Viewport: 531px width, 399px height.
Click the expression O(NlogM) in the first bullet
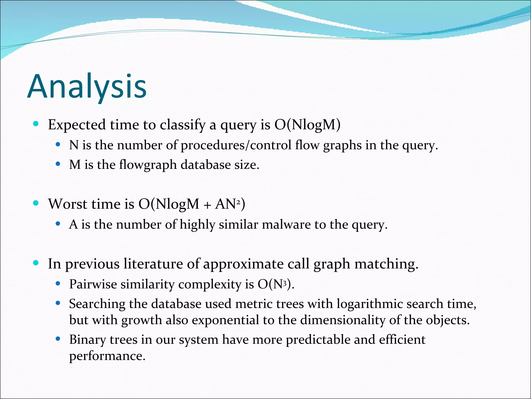click(307, 125)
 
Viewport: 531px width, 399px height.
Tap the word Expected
click(77, 125)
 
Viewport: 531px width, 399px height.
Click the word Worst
click(68, 204)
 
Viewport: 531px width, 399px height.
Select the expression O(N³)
click(275, 284)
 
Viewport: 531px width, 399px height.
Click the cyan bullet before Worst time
click(36, 203)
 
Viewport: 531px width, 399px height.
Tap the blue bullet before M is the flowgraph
click(58, 164)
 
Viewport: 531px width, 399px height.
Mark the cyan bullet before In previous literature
click(36, 263)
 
